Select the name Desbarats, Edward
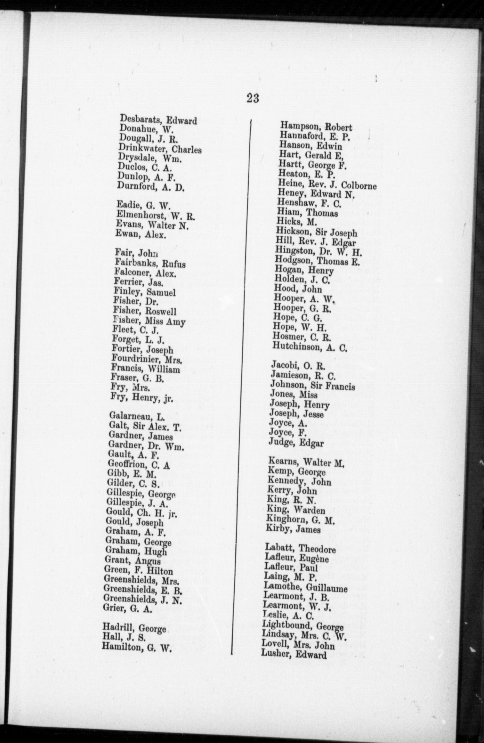tap(158, 120)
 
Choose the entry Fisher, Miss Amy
tap(149, 321)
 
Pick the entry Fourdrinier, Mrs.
tap(147, 359)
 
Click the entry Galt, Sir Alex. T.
tap(145, 426)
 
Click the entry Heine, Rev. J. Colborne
tap(327, 184)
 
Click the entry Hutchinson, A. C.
tap(310, 347)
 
